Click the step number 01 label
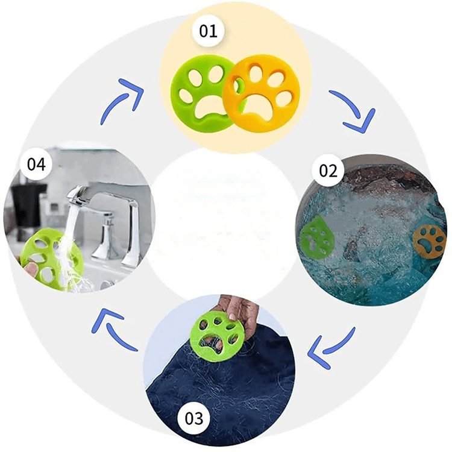click(208, 31)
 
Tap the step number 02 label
click(328, 171)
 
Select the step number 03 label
click(193, 418)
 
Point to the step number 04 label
click(36, 165)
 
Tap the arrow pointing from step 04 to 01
click(121, 99)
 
